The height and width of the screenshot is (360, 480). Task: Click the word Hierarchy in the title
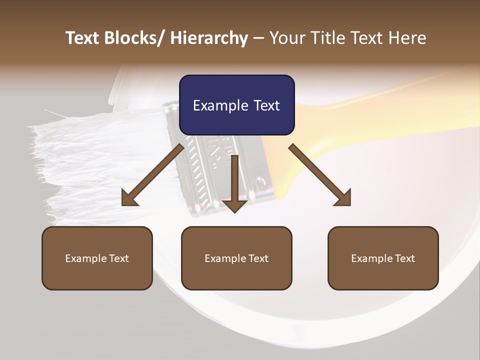[x=209, y=38]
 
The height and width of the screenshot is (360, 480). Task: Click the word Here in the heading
[x=405, y=38]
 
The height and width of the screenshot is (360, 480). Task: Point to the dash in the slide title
[x=258, y=39]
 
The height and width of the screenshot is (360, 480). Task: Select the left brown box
[x=97, y=258]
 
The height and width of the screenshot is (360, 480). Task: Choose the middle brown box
[x=236, y=258]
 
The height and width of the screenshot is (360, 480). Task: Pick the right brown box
[x=383, y=258]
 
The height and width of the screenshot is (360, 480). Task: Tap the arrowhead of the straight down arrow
[x=234, y=205]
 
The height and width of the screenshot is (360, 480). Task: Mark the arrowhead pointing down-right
[x=343, y=198]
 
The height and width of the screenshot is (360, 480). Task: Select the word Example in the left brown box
[x=86, y=258]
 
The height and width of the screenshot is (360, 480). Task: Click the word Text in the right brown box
[x=404, y=258]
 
